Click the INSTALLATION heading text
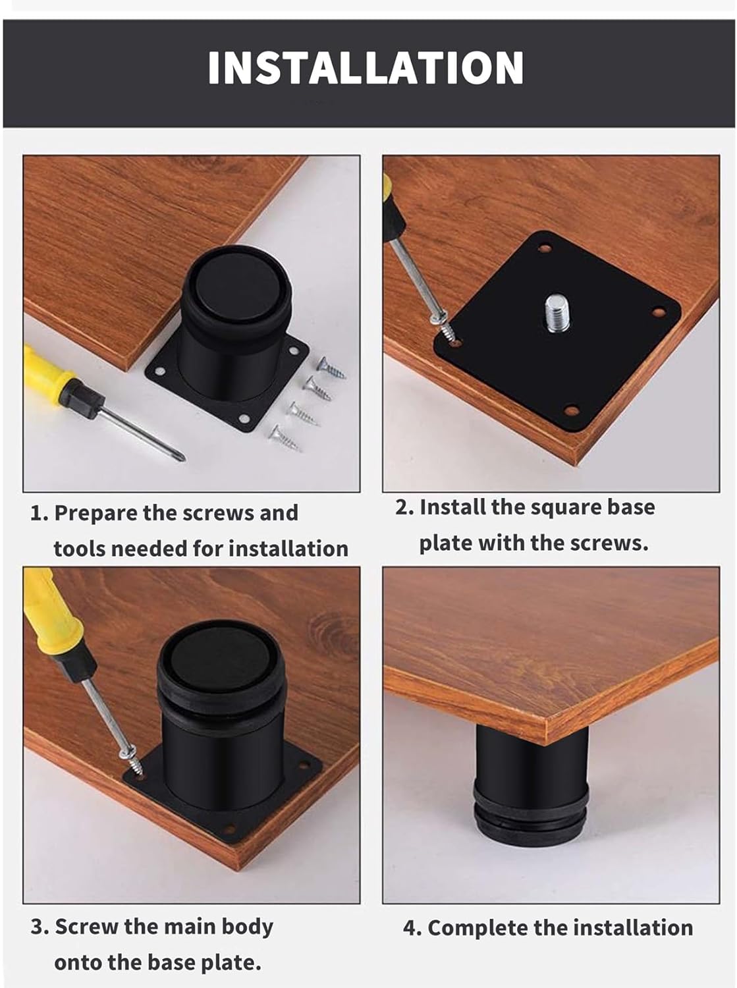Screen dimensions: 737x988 point(366,68)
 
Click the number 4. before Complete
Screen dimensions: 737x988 point(412,929)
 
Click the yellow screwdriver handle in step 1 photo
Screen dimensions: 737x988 point(47,373)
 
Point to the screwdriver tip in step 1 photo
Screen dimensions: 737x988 point(183,458)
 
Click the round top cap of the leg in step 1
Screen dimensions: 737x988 point(238,277)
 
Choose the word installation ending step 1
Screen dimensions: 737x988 point(288,549)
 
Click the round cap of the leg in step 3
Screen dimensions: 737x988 point(220,663)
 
